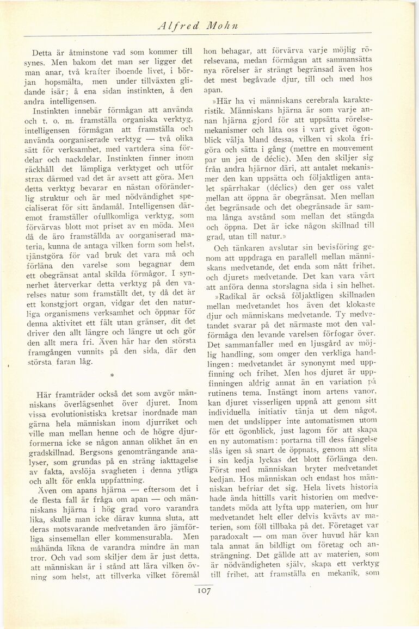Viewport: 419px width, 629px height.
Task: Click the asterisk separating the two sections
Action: [112, 375]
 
